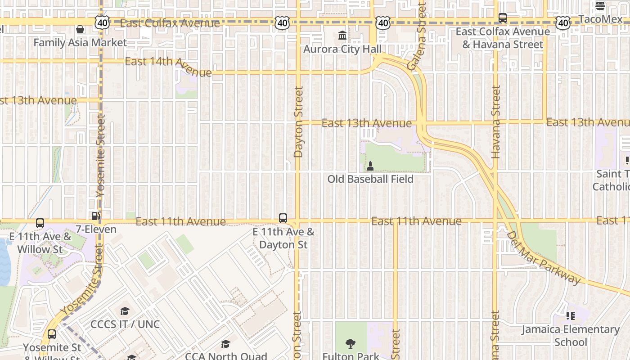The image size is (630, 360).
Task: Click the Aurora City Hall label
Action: click(x=342, y=49)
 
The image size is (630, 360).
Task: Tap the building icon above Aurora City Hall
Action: click(x=342, y=35)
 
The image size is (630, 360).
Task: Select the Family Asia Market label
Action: click(x=80, y=43)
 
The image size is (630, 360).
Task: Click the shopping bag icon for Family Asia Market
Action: click(x=80, y=29)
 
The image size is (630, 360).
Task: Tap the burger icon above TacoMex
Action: click(x=600, y=6)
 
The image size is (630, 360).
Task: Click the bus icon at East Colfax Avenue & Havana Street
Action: click(x=503, y=18)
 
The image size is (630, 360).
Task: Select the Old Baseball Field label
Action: click(x=370, y=179)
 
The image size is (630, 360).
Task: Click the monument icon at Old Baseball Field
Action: click(x=370, y=166)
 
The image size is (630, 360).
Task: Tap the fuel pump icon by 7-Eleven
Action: click(x=95, y=216)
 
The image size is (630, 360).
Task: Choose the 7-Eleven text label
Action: click(x=95, y=229)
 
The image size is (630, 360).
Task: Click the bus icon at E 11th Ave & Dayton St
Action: click(x=283, y=218)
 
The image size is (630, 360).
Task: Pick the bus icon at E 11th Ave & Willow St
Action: click(x=40, y=223)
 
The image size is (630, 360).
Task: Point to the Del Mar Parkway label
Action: click(x=543, y=258)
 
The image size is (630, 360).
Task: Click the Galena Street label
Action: click(x=416, y=36)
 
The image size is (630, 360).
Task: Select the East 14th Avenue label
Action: click(x=168, y=66)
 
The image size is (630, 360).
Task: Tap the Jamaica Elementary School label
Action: click(x=571, y=336)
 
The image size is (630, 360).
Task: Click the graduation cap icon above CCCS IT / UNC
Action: click(x=125, y=311)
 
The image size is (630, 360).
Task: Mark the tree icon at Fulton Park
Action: click(x=351, y=344)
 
